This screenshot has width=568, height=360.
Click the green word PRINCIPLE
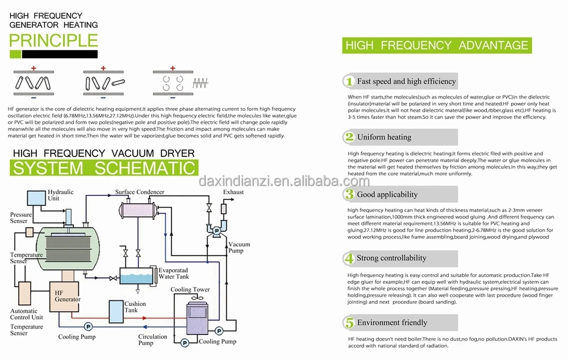[53, 40]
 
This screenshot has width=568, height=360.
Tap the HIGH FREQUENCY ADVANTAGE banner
[437, 45]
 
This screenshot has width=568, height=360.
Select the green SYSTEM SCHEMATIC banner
[104, 168]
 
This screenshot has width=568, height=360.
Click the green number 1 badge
[349, 81]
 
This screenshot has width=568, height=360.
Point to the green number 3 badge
[349, 194]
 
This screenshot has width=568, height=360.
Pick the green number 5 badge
[349, 323]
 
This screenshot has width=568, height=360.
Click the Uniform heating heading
[385, 137]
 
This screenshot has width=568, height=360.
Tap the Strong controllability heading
[391, 258]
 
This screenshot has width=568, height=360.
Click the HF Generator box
[64, 296]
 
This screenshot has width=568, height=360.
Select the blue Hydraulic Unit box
[36, 198]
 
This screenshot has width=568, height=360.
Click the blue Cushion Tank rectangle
[116, 312]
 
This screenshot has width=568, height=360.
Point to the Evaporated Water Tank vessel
[136, 277]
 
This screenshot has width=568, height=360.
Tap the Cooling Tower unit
[197, 317]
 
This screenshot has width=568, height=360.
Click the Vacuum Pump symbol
[216, 231]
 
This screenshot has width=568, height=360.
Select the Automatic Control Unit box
[24, 293]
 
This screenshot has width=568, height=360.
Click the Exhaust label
[233, 192]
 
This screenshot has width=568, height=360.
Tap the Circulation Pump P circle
[185, 342]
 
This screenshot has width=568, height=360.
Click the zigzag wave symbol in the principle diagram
[201, 83]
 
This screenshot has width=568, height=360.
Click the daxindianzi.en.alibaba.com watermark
[284, 181]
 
